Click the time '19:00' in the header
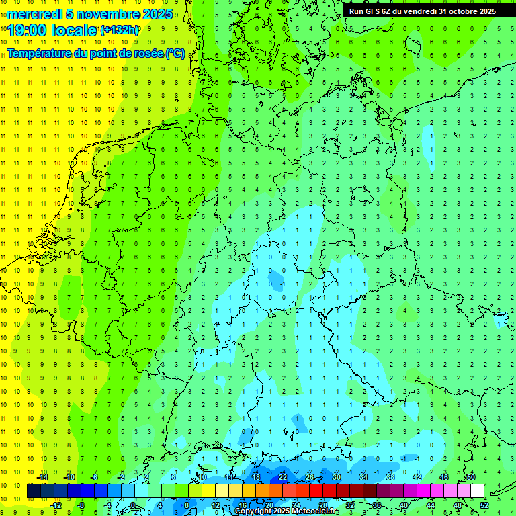point(29,30)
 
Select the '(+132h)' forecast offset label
point(120,30)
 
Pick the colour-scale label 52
point(484,505)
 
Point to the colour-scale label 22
point(283,477)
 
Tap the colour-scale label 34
point(363,477)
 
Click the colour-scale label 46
point(444,477)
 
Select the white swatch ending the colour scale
point(477,491)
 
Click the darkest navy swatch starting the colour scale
point(34,491)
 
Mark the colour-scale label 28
point(323,505)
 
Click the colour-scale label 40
point(404,505)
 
